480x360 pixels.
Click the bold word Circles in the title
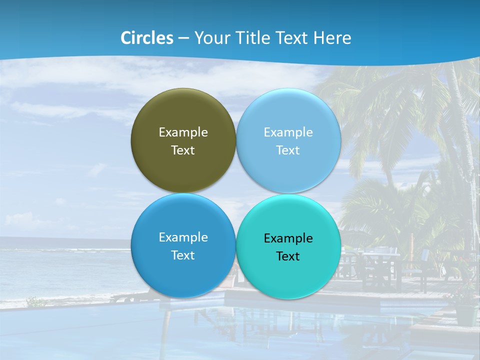pos(147,38)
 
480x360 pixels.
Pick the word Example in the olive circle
pos(183,132)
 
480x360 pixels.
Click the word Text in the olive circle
pos(183,150)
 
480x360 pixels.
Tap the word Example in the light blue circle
pos(288,132)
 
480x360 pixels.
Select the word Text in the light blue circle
pos(288,150)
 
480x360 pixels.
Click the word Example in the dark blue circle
pos(183,237)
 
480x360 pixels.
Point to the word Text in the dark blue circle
pos(183,255)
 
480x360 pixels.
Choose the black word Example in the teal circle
pos(288,238)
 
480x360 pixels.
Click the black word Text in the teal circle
pos(288,256)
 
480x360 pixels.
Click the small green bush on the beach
pos(35,301)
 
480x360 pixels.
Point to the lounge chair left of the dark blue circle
pos(122,298)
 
